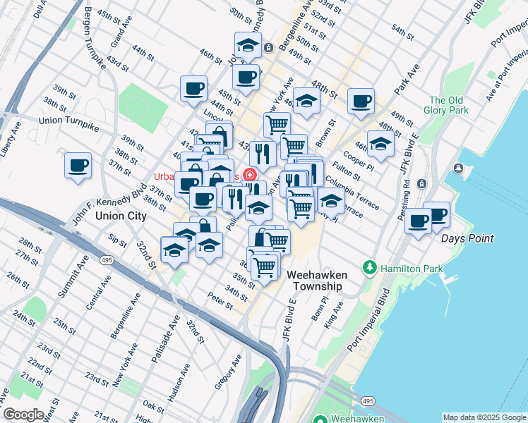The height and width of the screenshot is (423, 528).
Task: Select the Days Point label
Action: pyautogui.click(x=467, y=239)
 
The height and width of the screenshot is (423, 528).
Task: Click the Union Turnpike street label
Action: pyautogui.click(x=69, y=121)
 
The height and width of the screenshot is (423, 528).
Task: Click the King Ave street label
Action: pyautogui.click(x=332, y=315)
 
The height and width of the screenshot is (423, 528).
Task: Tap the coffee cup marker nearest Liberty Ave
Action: pyautogui.click(x=78, y=166)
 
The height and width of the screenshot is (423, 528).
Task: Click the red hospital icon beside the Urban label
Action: pyautogui.click(x=248, y=174)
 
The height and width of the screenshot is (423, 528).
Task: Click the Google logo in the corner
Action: pyautogui.click(x=23, y=415)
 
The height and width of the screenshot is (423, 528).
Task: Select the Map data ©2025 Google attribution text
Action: pyautogui.click(x=484, y=417)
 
